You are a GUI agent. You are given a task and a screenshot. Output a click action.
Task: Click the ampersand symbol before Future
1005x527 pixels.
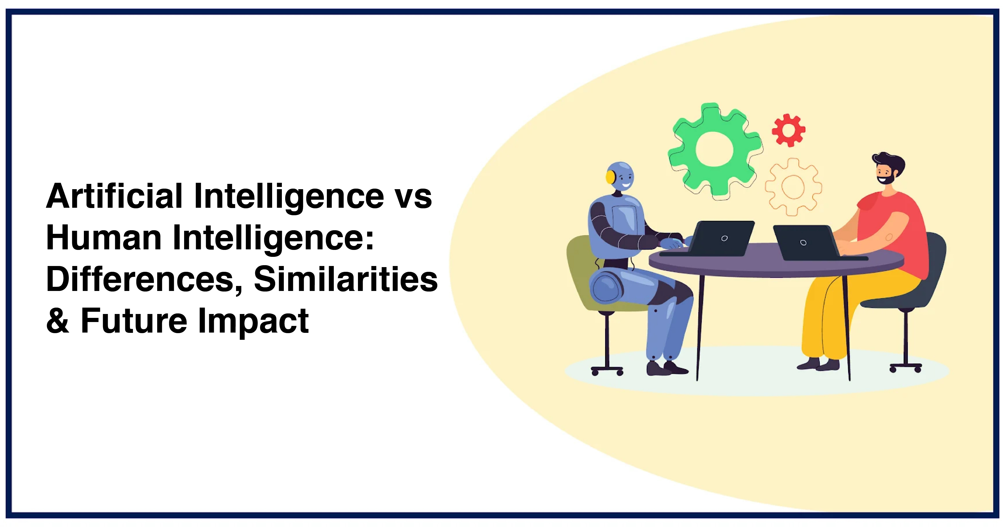[58, 321]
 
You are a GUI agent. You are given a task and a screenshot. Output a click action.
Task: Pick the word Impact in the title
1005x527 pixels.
[254, 321]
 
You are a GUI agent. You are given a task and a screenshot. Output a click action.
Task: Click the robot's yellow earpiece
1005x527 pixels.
[610, 177]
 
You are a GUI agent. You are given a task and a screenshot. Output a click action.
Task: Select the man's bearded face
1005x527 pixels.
[885, 173]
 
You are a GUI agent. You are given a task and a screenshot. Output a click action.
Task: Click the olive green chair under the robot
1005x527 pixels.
[581, 273]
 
